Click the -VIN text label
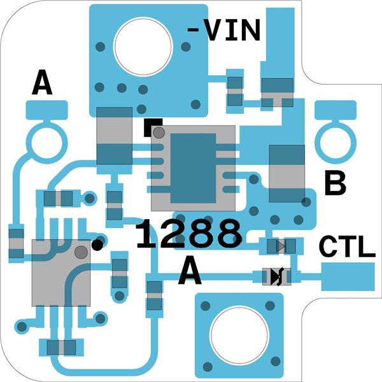click(224, 30)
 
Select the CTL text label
click(346, 247)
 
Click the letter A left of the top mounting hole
click(42, 83)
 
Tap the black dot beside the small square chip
click(97, 244)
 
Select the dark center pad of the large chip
click(193, 168)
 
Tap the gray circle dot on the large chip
click(159, 132)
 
